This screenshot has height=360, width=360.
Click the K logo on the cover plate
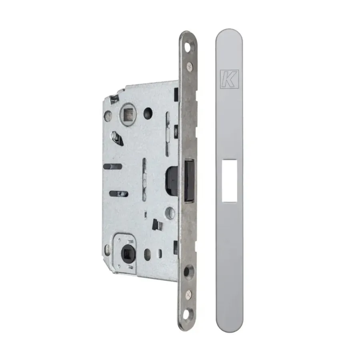point(229,79)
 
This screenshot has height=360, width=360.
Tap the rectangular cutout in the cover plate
point(229,181)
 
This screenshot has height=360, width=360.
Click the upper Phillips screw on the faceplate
point(190,67)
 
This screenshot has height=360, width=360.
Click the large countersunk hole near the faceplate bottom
point(189,271)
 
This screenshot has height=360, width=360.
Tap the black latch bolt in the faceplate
point(190,181)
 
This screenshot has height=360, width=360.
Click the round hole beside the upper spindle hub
point(148,113)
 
